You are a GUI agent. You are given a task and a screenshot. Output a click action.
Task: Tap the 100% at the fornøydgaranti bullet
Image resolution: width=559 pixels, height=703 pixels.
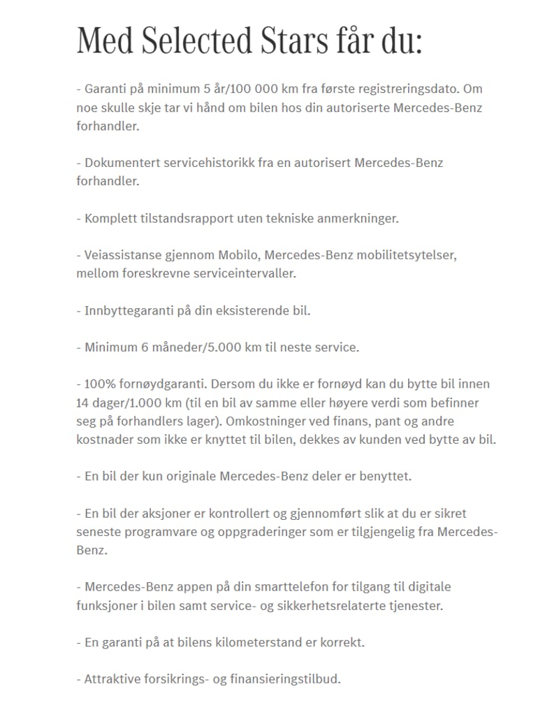(x=99, y=384)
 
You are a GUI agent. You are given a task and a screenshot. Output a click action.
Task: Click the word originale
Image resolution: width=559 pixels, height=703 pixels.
(x=191, y=477)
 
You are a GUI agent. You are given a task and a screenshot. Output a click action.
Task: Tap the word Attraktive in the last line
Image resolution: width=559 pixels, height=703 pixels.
(x=111, y=679)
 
